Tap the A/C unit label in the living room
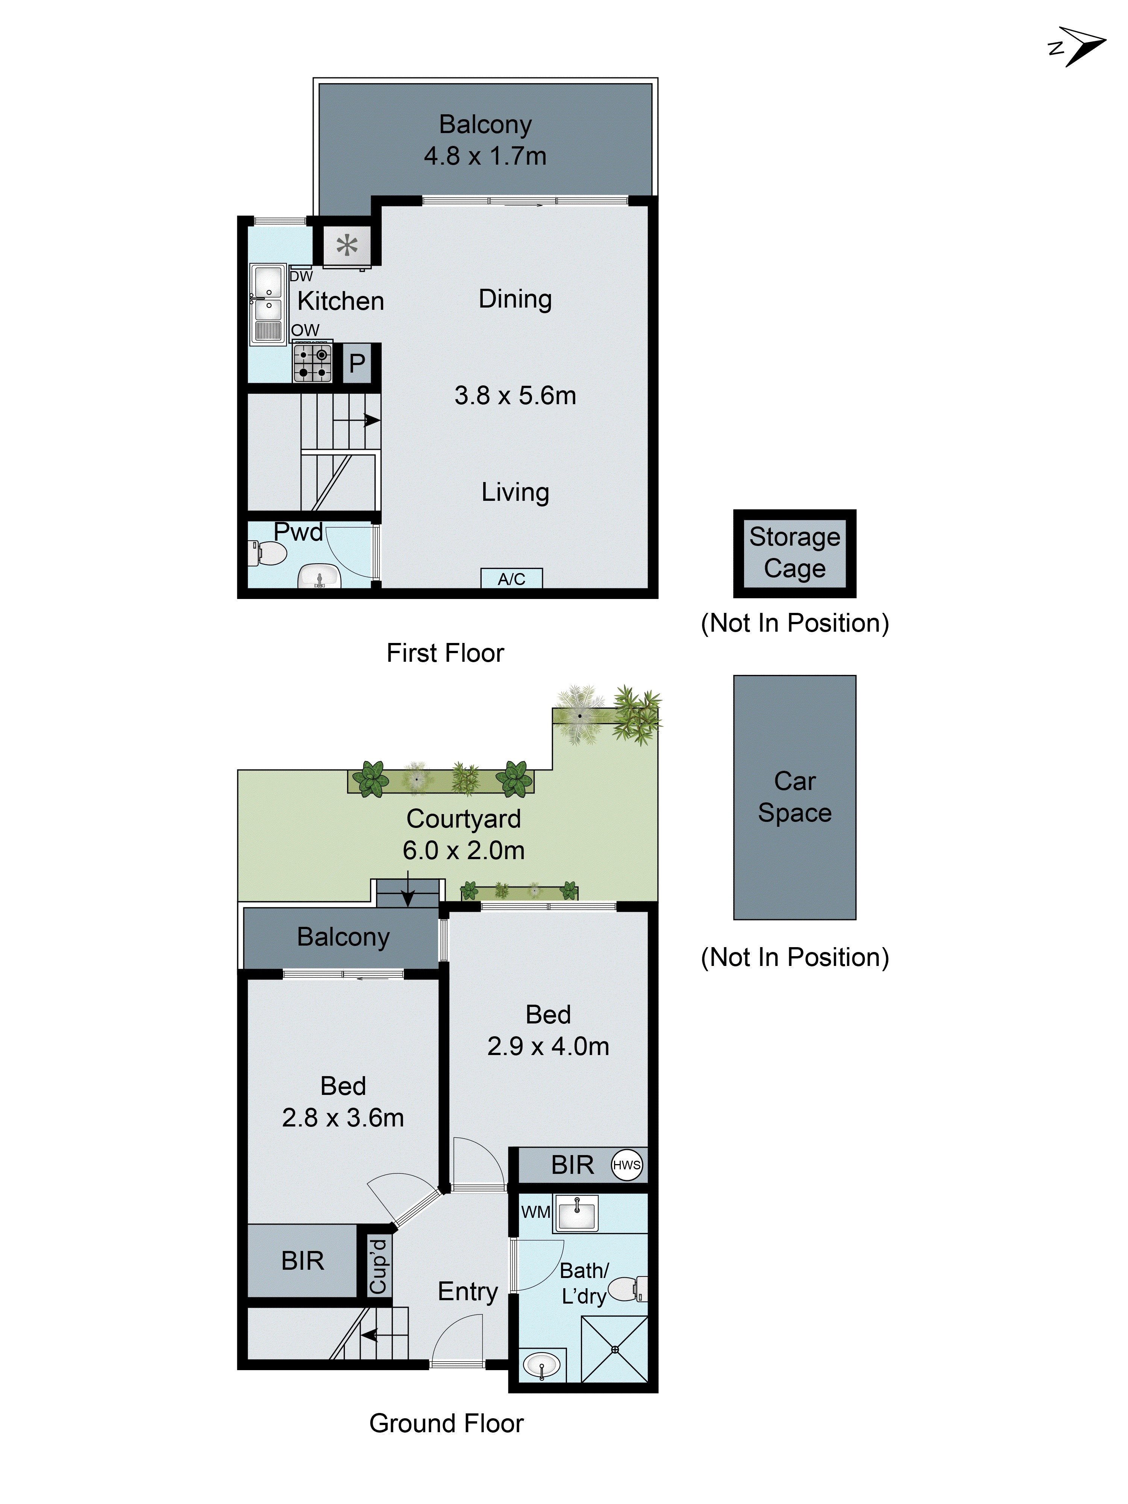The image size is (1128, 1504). (511, 579)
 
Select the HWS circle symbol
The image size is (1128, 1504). (626, 1165)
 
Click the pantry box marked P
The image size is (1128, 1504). (357, 364)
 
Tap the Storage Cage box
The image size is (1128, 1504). (794, 553)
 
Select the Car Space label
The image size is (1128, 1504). (794, 797)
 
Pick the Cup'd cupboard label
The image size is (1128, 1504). (378, 1266)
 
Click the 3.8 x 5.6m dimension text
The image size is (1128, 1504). (515, 396)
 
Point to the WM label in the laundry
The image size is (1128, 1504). (535, 1211)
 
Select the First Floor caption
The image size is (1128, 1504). (445, 653)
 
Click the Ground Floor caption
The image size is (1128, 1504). (446, 1423)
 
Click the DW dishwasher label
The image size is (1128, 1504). (300, 276)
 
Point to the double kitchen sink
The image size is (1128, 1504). (268, 304)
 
